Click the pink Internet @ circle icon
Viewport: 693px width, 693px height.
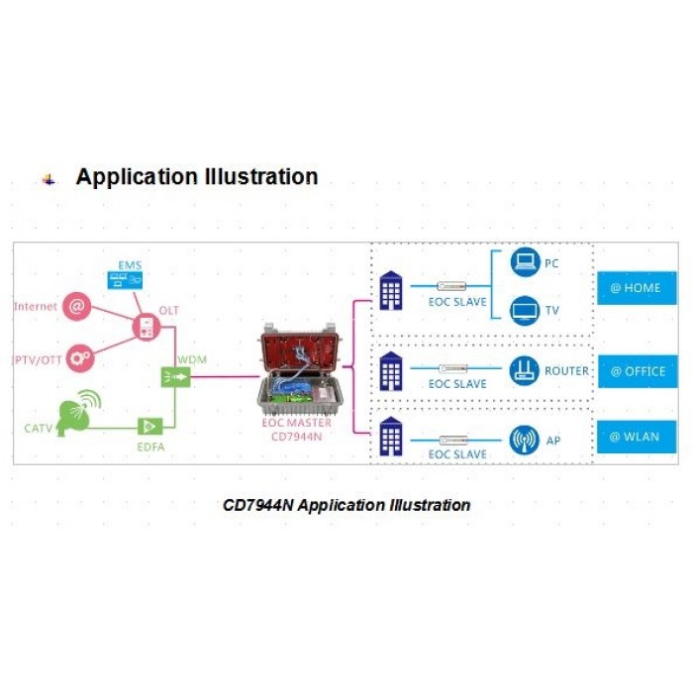point(77,306)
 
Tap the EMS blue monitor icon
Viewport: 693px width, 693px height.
point(125,280)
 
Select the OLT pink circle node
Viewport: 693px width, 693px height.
point(147,327)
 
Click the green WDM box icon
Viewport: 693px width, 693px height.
point(175,377)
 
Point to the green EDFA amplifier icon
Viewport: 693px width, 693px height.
point(150,427)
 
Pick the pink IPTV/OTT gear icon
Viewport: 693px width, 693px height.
point(80,358)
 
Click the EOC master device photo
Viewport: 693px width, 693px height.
point(301,369)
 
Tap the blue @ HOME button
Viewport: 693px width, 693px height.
point(637,288)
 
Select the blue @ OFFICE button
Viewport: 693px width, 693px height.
point(638,371)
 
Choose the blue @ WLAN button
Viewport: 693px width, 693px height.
point(637,437)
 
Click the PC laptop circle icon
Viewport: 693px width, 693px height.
point(525,262)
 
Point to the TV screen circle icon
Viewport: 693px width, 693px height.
point(525,310)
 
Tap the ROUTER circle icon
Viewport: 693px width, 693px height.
point(524,371)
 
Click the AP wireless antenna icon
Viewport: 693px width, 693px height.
point(524,441)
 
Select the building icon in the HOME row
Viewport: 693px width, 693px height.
point(391,291)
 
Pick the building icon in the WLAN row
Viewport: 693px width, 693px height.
point(391,437)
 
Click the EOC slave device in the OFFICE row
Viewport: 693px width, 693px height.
point(453,368)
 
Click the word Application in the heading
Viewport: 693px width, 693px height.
point(137,177)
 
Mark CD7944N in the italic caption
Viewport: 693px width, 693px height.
point(257,505)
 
